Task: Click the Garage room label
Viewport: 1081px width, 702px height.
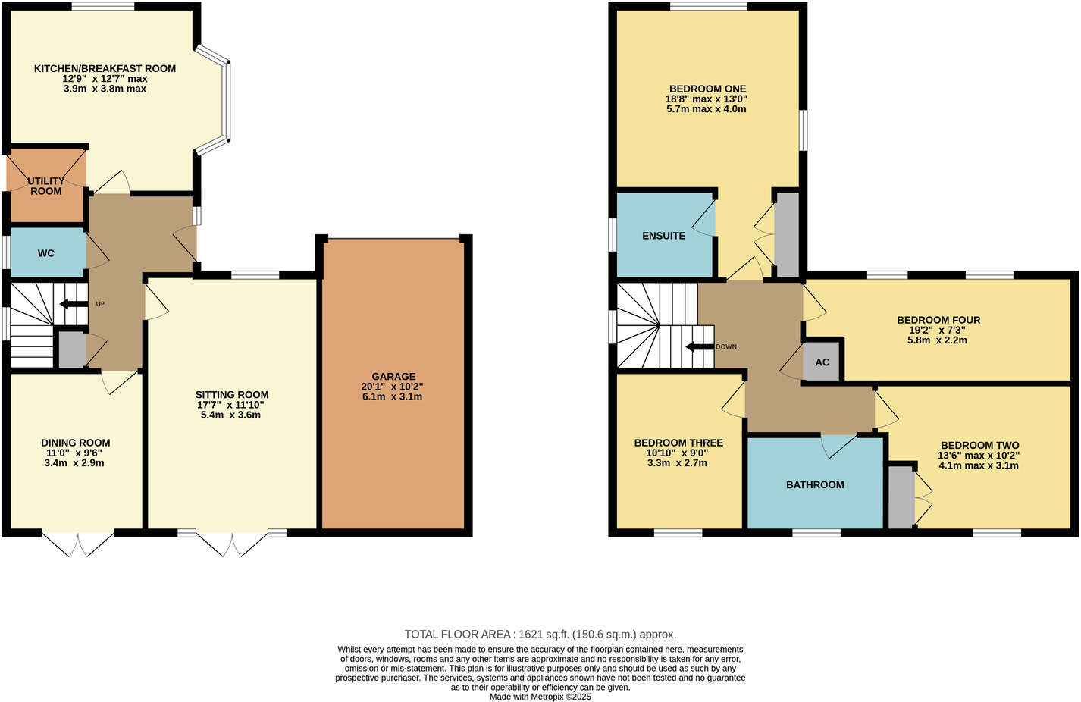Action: [x=393, y=377]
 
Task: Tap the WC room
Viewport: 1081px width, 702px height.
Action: [x=46, y=253]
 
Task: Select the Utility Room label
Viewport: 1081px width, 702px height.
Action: [x=46, y=186]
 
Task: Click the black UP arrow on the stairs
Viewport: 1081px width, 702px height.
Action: [x=74, y=304]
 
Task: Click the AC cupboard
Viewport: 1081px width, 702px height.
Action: [x=822, y=362]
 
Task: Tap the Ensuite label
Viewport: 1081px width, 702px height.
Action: [x=663, y=236]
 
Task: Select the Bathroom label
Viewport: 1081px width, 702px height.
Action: [x=815, y=484]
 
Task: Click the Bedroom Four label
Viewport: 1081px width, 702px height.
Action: [x=938, y=320]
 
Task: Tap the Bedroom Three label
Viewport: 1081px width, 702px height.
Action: [x=678, y=443]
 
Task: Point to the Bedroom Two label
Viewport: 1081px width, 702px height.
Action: [x=979, y=446]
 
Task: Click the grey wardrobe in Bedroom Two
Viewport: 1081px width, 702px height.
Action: [x=901, y=497]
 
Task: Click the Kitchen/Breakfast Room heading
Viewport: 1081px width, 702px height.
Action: [x=105, y=69]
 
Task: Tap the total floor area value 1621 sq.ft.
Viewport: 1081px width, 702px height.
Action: [x=540, y=635]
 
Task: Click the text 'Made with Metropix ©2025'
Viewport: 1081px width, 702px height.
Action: [x=540, y=697]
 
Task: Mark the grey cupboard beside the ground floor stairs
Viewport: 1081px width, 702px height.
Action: [x=72, y=349]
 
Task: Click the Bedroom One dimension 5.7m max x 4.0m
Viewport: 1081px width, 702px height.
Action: [x=707, y=108]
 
